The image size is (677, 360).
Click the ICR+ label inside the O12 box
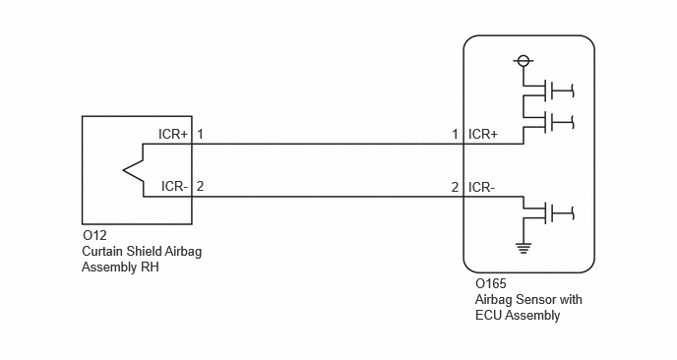point(173,134)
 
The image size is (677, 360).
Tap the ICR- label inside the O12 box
point(174,187)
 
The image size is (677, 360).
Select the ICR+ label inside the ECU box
point(483,134)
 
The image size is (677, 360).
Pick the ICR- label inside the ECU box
point(482,187)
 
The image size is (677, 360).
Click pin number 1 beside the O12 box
point(200,134)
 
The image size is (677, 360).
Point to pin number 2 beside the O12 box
point(200,187)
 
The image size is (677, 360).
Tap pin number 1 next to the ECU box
point(455,135)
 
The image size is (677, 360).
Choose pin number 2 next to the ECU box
point(455,187)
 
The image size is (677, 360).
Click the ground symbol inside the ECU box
point(523,248)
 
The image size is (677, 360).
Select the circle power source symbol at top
point(523,61)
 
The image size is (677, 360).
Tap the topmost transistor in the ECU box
point(548,90)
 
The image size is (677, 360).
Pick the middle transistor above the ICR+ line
point(548,122)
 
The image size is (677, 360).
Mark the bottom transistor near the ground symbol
point(548,212)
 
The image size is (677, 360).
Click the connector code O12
point(94,236)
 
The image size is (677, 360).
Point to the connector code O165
point(490,283)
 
